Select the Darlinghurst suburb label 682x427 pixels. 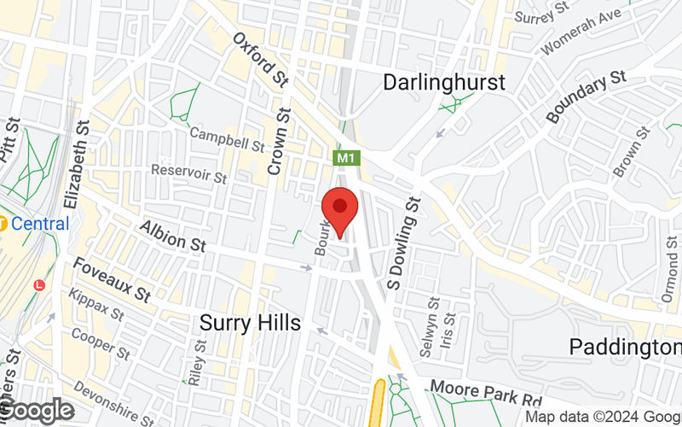(443, 83)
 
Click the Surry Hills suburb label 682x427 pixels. (250, 323)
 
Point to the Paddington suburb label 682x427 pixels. (626, 347)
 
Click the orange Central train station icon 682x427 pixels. (3, 225)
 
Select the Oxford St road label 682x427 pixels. (261, 60)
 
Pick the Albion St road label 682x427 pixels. (174, 236)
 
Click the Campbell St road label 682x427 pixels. (227, 140)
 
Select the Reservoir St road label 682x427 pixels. (188, 174)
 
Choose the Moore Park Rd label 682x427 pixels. (486, 394)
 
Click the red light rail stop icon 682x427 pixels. (38, 284)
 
